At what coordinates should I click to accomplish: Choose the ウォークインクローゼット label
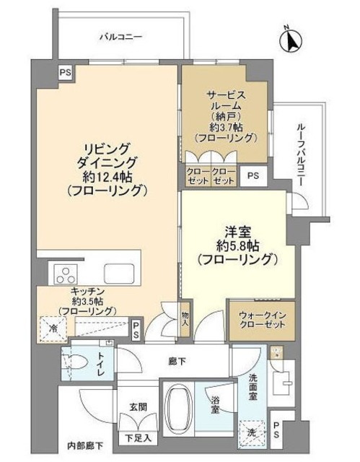pos(262,319)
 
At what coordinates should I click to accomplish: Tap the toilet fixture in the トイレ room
pos(77,364)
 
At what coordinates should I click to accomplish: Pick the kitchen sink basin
pos(118,274)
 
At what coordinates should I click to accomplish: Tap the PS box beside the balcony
pos(66,71)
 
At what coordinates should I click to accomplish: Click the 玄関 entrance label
pos(139,406)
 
